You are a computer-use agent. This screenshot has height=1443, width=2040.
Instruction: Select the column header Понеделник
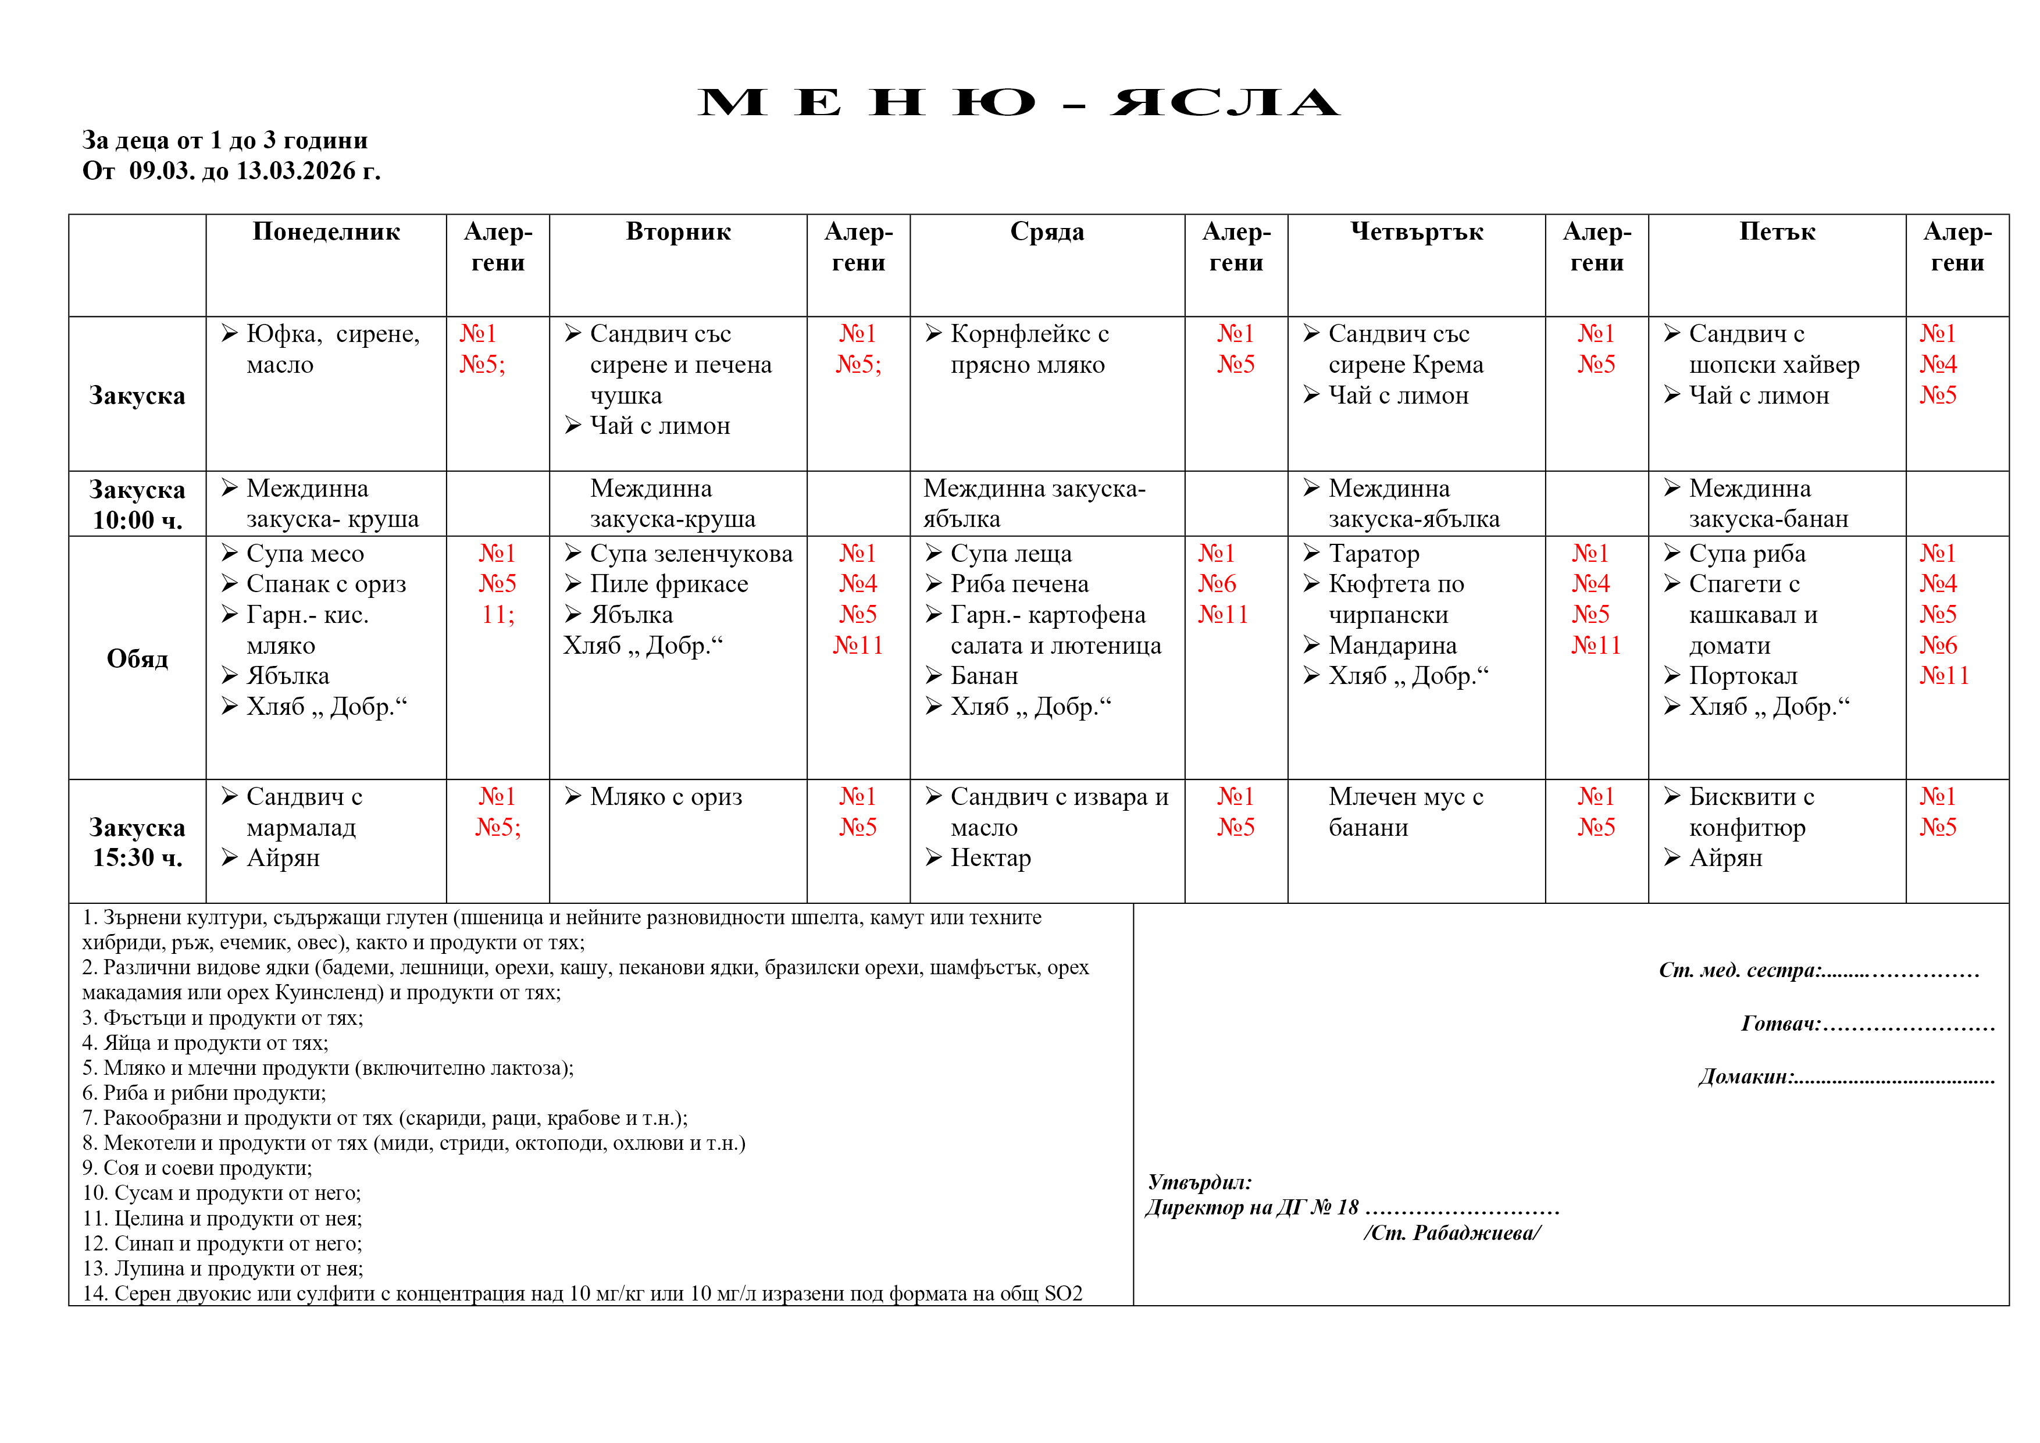326,232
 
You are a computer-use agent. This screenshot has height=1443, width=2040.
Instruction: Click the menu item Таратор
1373,554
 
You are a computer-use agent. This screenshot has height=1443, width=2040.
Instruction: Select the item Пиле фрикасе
668,584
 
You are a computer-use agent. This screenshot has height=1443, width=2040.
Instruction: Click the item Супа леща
1010,554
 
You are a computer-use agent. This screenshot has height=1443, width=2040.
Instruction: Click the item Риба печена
1018,584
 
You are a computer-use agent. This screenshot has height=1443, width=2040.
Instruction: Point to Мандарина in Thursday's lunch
1392,645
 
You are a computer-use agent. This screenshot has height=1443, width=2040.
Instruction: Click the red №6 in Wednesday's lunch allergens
1217,584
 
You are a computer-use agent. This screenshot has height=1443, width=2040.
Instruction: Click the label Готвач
1779,1024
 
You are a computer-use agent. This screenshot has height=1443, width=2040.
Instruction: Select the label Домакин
1745,1077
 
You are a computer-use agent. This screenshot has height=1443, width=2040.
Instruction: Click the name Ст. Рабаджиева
1452,1232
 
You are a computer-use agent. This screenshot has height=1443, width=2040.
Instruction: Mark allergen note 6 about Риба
204,1093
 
